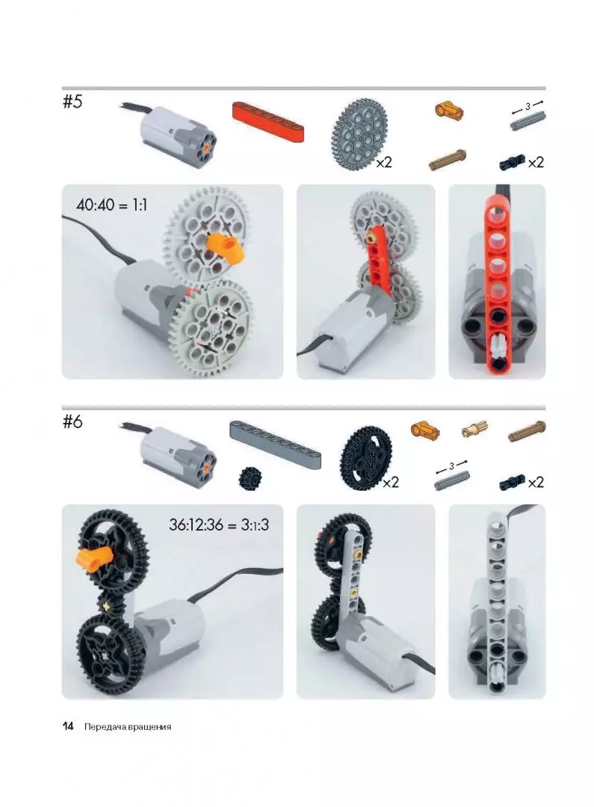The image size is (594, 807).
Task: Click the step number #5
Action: [72, 102]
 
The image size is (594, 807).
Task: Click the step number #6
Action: [72, 422]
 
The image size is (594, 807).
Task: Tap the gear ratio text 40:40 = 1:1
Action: [111, 205]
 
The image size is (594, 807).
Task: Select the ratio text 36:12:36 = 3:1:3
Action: [219, 525]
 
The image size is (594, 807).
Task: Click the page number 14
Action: [68, 727]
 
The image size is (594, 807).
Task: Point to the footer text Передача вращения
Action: [128, 727]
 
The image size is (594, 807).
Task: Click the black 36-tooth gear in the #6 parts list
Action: [366, 457]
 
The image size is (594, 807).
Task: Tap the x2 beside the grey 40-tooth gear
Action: [384, 162]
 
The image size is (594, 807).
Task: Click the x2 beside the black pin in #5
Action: [535, 162]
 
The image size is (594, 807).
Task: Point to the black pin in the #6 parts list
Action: [512, 482]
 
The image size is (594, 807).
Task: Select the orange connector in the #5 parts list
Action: [449, 110]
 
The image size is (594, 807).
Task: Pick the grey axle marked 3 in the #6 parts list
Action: [452, 480]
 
